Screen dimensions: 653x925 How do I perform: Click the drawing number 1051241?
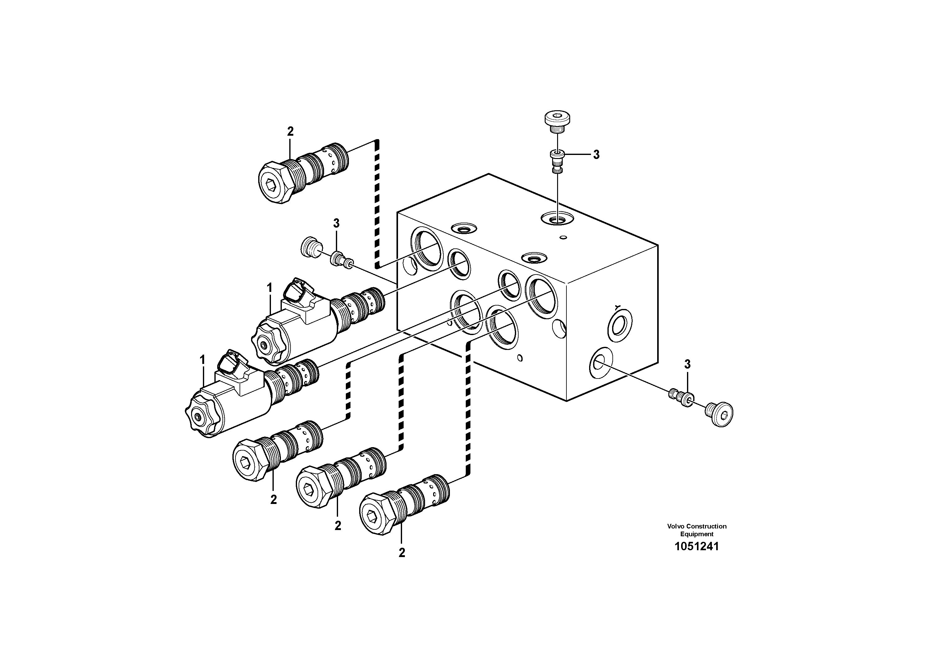697,547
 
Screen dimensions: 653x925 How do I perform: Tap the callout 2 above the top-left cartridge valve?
290,131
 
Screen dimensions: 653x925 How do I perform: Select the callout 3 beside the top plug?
596,155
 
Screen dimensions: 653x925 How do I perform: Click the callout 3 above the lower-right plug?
687,364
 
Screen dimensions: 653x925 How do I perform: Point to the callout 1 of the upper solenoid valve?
269,288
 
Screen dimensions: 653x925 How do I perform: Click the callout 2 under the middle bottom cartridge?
338,525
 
